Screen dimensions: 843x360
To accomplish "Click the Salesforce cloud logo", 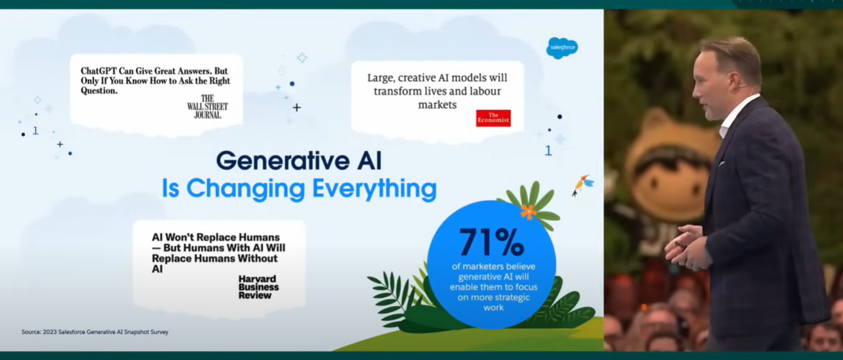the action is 562,48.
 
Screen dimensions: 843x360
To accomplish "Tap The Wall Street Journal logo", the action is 208,107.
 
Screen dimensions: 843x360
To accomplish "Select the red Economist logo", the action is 493,118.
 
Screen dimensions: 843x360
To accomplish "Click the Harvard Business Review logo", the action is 258,287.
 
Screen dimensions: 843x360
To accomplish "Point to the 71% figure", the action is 491,243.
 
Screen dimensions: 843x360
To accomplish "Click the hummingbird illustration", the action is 582,185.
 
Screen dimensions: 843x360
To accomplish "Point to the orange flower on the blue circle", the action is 528,212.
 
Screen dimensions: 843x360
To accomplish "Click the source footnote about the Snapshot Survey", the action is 95,332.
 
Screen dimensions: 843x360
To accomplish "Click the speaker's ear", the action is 734,79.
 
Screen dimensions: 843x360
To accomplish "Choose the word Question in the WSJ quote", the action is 98,91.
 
